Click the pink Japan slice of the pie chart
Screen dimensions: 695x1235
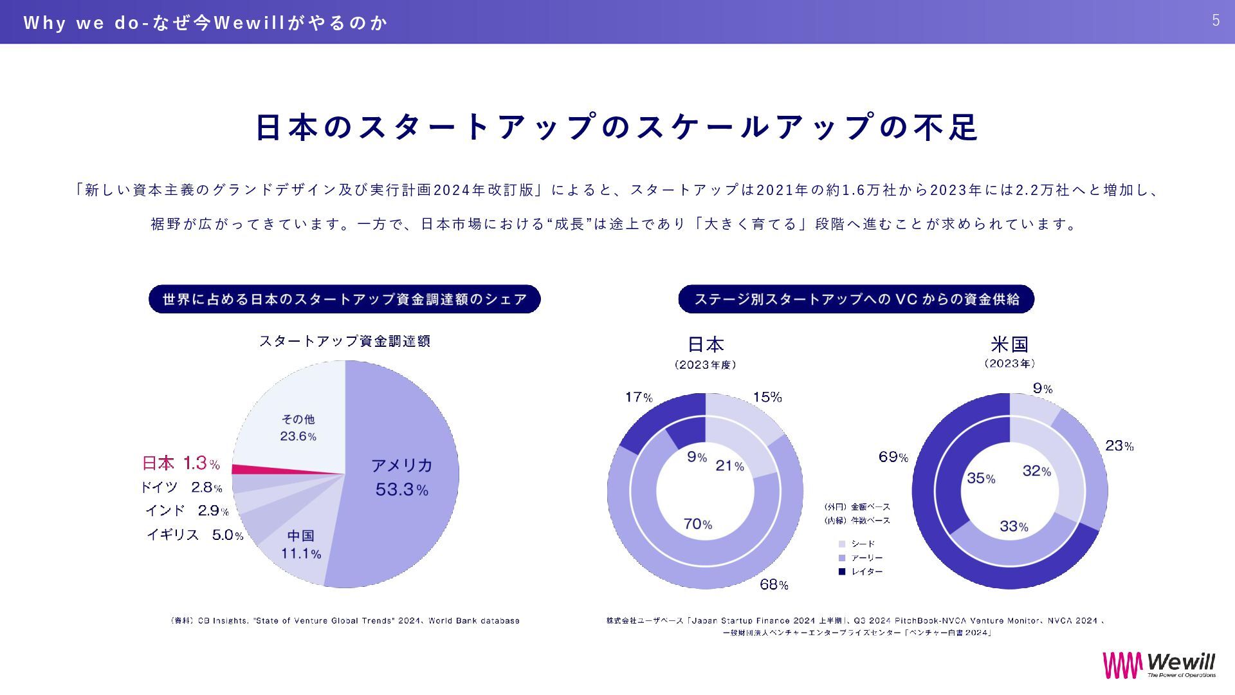[x=257, y=469]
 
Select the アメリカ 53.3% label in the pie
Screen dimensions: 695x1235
[x=401, y=477]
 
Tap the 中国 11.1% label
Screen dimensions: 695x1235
[x=300, y=544]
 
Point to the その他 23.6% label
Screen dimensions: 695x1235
[x=298, y=428]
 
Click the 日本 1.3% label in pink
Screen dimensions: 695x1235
[x=181, y=463]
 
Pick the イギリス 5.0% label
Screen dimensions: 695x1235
[x=195, y=535]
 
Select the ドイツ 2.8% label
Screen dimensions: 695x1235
[x=181, y=487]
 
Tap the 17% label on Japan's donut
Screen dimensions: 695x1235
[x=639, y=397]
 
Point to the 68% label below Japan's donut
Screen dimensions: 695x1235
[x=774, y=584]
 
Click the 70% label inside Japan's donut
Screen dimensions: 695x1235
[x=697, y=524]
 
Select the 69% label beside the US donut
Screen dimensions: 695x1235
[x=893, y=457]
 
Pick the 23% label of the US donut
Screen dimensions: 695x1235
[x=1119, y=445]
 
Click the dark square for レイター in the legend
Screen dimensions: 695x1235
[x=842, y=571]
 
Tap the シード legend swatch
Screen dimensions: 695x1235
[x=842, y=544]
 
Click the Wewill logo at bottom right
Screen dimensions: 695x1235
[x=1159, y=665]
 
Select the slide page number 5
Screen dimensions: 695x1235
[x=1216, y=21]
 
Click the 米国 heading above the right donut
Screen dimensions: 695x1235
[x=1009, y=344]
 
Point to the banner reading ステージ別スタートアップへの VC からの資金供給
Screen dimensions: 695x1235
[x=856, y=299]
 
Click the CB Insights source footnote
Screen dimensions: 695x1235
[x=345, y=621]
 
